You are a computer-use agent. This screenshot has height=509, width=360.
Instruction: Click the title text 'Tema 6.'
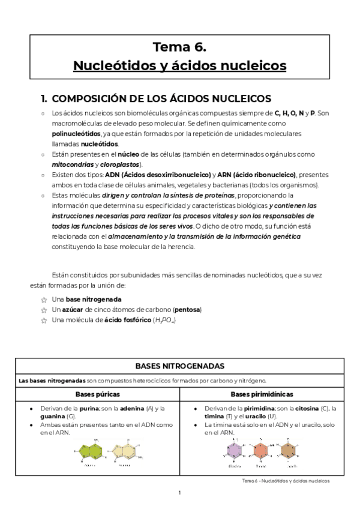(x=179, y=47)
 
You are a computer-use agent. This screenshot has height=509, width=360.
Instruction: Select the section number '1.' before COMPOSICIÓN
(x=43, y=98)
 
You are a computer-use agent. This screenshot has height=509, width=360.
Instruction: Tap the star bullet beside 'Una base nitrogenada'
(x=43, y=299)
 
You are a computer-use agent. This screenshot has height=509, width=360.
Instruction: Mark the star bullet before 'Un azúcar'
(x=43, y=310)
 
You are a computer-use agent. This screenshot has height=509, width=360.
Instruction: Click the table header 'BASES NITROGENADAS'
(x=180, y=366)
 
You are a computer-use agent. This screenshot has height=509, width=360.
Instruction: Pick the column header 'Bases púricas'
(x=97, y=394)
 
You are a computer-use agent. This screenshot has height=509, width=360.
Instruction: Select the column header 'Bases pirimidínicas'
(x=262, y=394)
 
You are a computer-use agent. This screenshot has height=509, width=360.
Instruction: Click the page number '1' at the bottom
(x=179, y=493)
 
